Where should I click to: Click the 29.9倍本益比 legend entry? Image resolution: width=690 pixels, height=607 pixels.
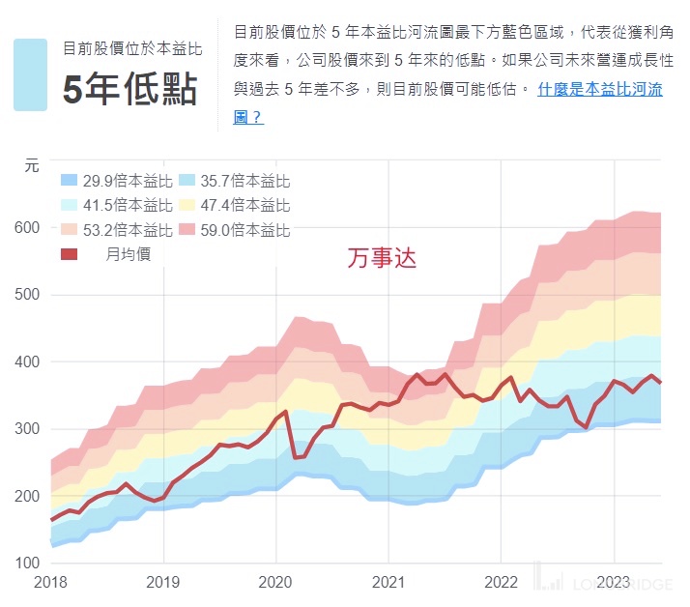[116, 181]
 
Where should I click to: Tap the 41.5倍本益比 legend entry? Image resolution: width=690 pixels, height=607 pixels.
[116, 205]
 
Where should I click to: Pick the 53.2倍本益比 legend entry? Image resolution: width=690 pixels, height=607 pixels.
[116, 230]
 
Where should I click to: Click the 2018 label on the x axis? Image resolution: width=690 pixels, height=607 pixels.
[51, 583]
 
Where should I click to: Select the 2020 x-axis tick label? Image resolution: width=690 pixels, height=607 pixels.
[275, 583]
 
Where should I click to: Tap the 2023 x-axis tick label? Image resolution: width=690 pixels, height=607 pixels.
[613, 583]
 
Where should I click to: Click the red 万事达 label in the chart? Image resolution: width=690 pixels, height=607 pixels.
[382, 259]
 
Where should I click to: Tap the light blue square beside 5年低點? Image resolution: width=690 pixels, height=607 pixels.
[30, 74]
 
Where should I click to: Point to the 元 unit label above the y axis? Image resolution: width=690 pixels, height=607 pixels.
[31, 165]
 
